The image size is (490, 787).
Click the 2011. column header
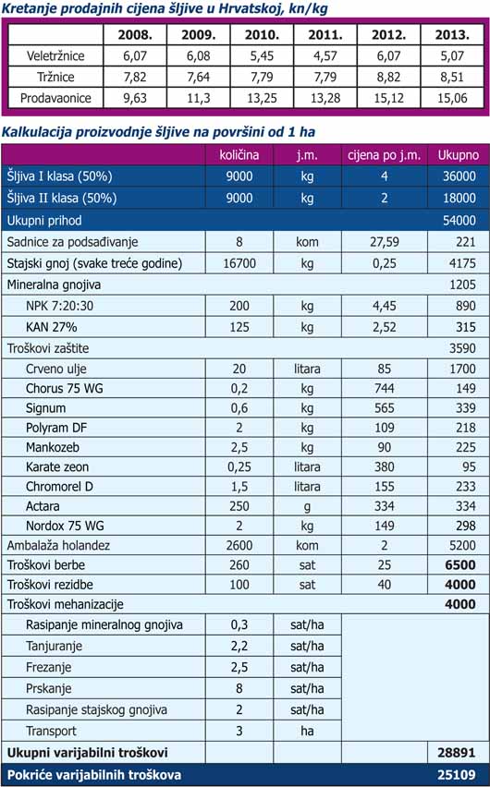click(325, 34)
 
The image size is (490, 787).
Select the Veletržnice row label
click(55, 55)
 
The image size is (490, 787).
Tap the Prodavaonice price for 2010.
click(262, 98)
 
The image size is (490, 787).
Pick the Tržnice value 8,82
click(388, 77)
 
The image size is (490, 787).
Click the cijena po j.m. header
click(384, 155)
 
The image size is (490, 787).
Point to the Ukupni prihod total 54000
click(459, 221)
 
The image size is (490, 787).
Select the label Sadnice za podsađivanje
click(72, 242)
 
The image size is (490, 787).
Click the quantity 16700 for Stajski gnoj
click(239, 263)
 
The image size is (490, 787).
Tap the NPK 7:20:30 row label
click(59, 306)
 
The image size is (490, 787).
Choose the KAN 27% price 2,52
click(384, 327)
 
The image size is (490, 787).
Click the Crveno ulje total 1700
click(462, 369)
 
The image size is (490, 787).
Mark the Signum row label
click(45, 408)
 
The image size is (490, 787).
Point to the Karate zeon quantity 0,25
click(239, 466)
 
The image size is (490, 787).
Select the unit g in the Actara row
click(307, 507)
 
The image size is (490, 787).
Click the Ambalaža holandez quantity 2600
click(239, 546)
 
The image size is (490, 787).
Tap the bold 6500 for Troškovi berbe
click(460, 565)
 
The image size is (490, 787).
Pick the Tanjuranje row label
click(54, 647)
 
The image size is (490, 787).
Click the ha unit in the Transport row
click(307, 731)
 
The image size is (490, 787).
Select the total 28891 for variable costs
click(457, 753)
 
